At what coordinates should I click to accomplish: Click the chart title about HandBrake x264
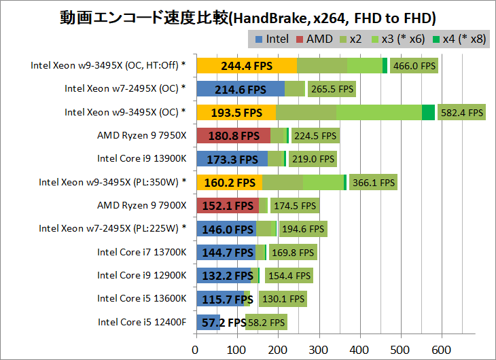click(x=247, y=16)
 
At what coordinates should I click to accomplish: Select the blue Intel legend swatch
click(x=260, y=39)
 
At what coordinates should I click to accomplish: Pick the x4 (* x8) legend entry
click(x=460, y=39)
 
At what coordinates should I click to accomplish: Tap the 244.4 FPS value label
click(x=247, y=66)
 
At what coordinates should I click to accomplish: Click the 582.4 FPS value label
click(x=461, y=113)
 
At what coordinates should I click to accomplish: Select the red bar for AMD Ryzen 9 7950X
click(x=233, y=135)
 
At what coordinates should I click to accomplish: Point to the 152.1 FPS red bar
click(x=227, y=206)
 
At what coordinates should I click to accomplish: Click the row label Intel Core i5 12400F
click(x=141, y=322)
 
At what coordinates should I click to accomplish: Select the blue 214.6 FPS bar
click(x=240, y=89)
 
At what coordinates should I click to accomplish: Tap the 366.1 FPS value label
click(x=373, y=183)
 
